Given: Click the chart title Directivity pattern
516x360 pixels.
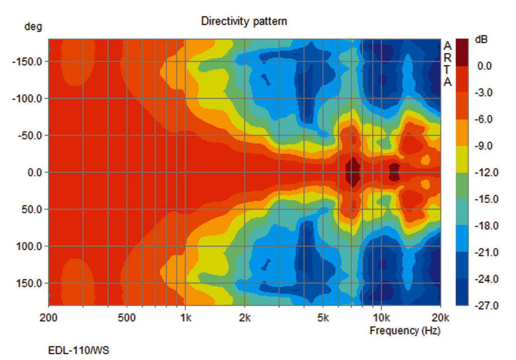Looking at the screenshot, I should [x=244, y=21].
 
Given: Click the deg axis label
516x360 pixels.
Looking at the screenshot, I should [x=33, y=27].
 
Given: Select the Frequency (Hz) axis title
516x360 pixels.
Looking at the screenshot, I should [x=405, y=331].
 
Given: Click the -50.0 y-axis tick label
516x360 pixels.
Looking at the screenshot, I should [x=31, y=135].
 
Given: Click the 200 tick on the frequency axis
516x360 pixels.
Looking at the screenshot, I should [x=48, y=318].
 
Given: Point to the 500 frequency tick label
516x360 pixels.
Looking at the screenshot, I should [x=126, y=318].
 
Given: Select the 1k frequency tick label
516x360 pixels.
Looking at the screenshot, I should [x=185, y=318].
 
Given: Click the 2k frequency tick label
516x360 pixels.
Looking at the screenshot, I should [x=244, y=318].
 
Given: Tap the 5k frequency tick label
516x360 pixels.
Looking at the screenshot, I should [x=322, y=318].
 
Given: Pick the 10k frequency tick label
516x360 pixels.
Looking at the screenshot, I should [x=381, y=318].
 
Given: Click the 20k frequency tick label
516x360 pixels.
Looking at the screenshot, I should [x=440, y=318].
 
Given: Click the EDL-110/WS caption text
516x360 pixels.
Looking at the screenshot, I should [x=78, y=350].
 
